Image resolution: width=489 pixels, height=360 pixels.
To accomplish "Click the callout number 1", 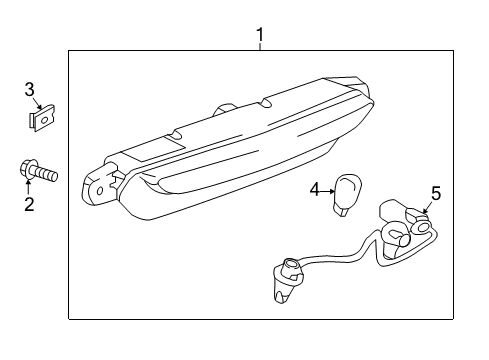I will point(260,38).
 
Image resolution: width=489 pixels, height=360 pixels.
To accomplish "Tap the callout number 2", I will point(29,205).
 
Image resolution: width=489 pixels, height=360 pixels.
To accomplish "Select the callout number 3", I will point(30,91).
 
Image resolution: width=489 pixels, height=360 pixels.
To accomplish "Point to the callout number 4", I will point(314,187).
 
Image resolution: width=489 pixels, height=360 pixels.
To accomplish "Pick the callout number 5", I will point(435,193).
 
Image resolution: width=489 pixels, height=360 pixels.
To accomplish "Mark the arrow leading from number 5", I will point(428,209).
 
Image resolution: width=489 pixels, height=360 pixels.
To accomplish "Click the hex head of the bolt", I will point(26,170).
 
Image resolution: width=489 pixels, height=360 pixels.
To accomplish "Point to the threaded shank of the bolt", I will point(46,176).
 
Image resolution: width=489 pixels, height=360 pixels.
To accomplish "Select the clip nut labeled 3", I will point(40,122).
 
